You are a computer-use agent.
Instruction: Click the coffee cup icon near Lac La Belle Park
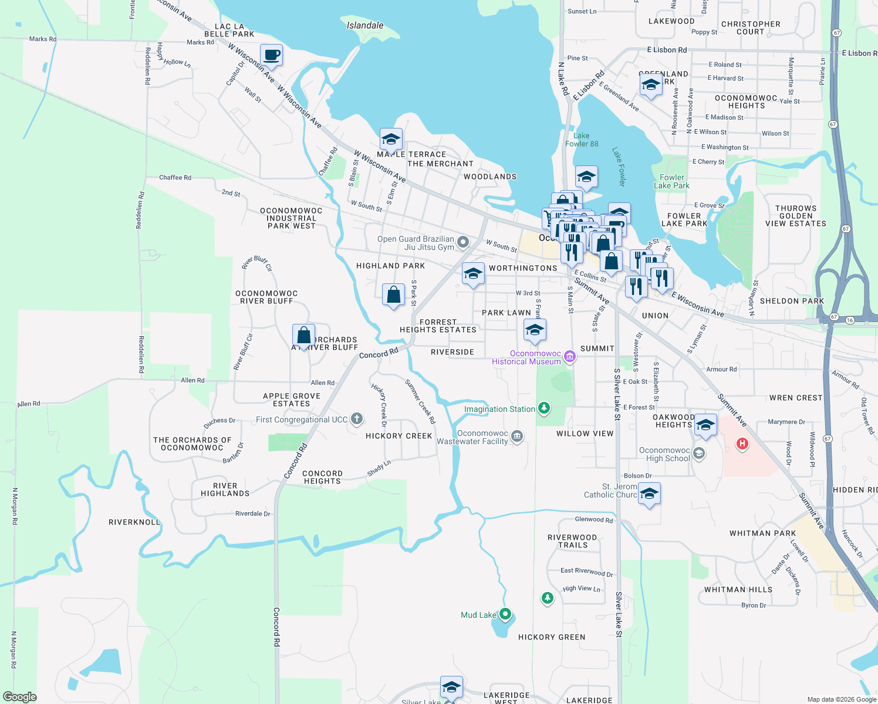click(271, 56)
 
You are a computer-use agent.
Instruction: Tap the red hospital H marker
click(742, 444)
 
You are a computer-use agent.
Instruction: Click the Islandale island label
click(365, 25)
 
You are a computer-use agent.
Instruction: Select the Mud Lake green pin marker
click(505, 614)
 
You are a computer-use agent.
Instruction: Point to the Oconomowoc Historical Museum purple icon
click(569, 356)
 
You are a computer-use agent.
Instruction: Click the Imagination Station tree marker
click(544, 408)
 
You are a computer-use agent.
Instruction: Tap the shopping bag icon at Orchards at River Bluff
click(303, 336)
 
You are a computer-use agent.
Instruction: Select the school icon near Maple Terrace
click(391, 140)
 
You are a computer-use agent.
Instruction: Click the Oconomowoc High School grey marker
click(698, 453)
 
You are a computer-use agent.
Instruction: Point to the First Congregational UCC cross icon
click(356, 419)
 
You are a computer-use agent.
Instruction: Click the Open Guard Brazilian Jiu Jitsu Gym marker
click(463, 242)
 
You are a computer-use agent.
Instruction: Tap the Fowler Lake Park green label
click(671, 181)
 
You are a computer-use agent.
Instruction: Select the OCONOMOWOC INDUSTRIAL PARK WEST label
click(291, 218)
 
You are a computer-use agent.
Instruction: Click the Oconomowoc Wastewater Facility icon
click(517, 435)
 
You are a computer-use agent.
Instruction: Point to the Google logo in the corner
click(19, 696)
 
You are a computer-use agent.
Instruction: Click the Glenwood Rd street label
click(593, 519)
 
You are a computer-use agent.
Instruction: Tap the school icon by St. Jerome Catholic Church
click(649, 494)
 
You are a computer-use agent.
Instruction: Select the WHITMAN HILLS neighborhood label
click(738, 590)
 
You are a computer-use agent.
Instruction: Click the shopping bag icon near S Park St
click(393, 295)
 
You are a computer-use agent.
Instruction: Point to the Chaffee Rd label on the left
click(175, 177)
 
